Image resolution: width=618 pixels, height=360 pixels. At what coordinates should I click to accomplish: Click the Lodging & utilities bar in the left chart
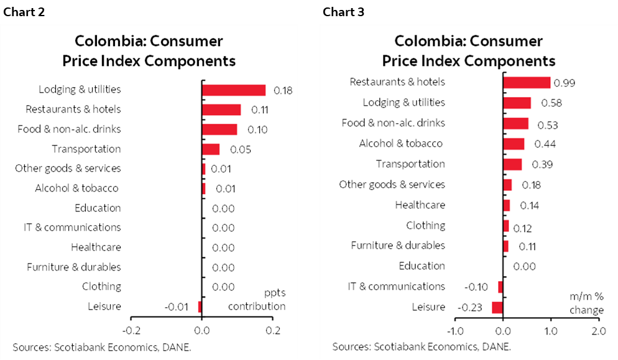point(234,90)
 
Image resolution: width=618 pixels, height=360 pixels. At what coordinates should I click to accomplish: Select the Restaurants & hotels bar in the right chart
point(527,82)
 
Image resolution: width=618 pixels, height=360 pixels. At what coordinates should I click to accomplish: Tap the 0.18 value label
point(283,90)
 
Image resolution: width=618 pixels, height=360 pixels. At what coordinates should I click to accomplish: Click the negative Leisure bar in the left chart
point(200,307)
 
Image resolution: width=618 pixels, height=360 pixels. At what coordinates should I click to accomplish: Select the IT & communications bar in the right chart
point(500,287)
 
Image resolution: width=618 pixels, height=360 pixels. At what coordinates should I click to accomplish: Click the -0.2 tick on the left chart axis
point(131,330)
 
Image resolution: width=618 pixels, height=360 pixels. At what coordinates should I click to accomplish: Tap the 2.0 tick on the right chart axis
point(597,331)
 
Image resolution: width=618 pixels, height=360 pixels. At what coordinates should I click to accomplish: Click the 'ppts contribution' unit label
point(257,300)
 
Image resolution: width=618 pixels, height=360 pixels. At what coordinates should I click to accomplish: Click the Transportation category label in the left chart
point(86,149)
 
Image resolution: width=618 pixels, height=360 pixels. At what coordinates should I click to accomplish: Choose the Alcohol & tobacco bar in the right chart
point(514,144)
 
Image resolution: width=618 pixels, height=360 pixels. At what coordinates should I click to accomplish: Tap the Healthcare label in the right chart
point(420,205)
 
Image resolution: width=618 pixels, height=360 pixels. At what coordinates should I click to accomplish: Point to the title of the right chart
point(468,51)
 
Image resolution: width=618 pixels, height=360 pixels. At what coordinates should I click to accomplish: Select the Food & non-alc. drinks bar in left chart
point(219,129)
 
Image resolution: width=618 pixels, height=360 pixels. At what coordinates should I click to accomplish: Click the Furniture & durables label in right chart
point(398,246)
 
